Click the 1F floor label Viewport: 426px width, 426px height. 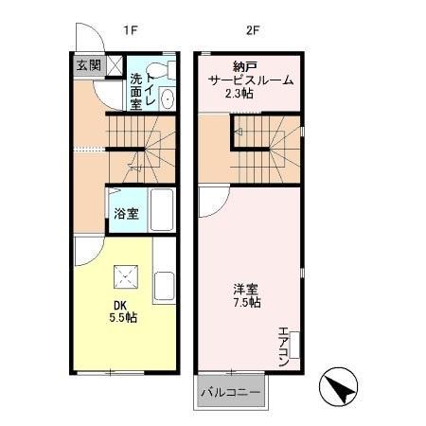(130, 30)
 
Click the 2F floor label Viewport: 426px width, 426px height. (252, 30)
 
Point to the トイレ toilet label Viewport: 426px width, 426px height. (151, 88)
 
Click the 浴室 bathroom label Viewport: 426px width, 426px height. (126, 213)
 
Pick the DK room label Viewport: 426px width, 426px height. (120, 304)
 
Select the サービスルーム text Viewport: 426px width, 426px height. (251, 80)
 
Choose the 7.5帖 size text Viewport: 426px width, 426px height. (248, 303)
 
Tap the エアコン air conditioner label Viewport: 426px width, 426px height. (282, 346)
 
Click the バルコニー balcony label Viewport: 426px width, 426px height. (230, 392)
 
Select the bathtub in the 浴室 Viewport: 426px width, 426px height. (161, 212)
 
